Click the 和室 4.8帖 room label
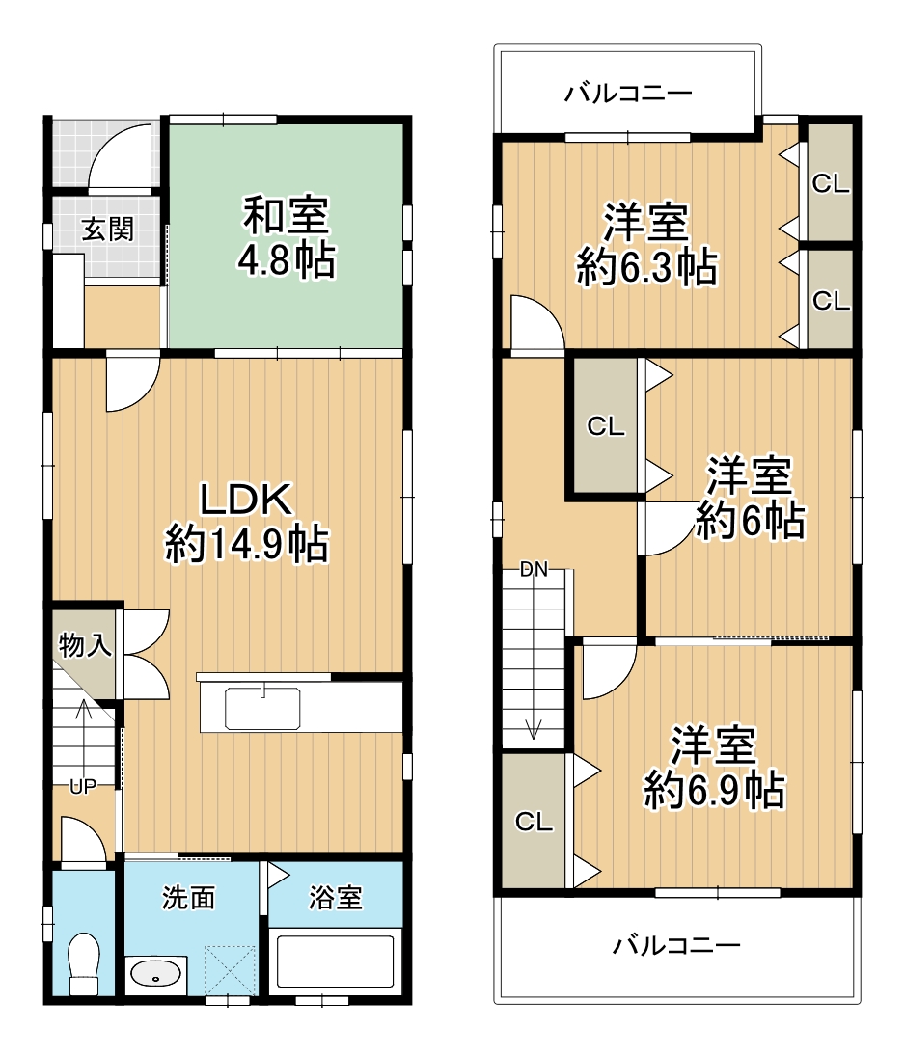tap(287, 237)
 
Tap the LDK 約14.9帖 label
tap(247, 522)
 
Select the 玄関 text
tap(107, 230)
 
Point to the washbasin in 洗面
tap(155, 974)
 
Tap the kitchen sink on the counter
tap(262, 710)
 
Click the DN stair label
tap(534, 569)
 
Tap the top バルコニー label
tap(628, 94)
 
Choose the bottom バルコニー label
tap(676, 945)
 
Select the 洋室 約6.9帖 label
tap(714, 768)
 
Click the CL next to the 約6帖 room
tap(606, 426)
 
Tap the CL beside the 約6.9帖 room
tap(534, 822)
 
